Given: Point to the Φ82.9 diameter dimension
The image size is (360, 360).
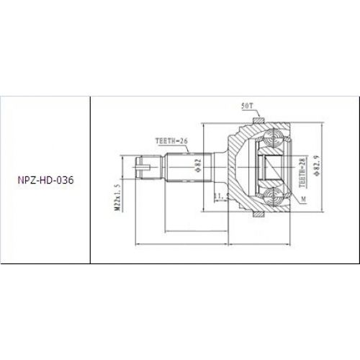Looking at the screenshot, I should (317, 168).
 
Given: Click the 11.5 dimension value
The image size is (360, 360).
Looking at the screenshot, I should (220, 195).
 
